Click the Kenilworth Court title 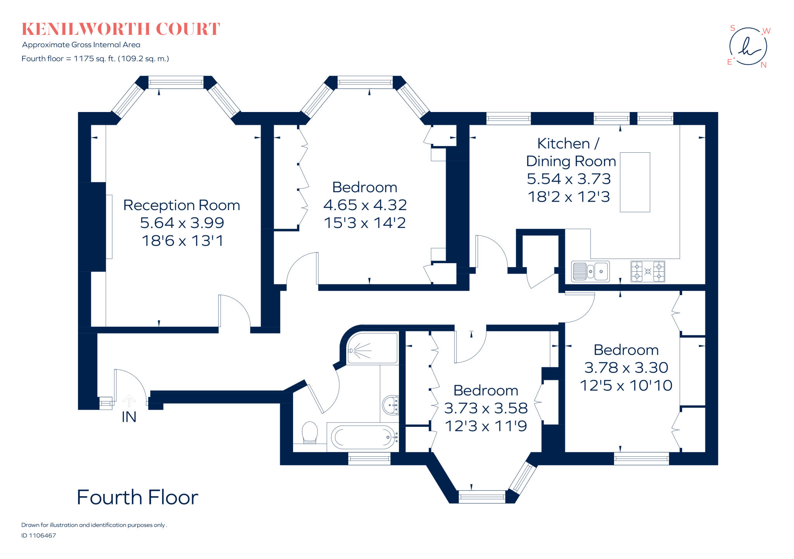click(x=121, y=29)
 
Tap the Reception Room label click(x=181, y=205)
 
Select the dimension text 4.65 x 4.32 click(x=365, y=205)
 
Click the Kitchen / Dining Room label click(x=570, y=152)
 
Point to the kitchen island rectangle click(x=635, y=182)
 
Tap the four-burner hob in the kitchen click(x=647, y=271)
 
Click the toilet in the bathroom click(x=309, y=432)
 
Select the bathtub click(x=363, y=437)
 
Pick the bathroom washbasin click(x=391, y=405)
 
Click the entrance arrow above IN click(x=129, y=401)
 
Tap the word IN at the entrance click(x=129, y=417)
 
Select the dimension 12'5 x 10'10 click(x=626, y=385)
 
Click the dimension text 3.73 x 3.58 click(x=485, y=408)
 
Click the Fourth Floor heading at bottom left click(x=137, y=497)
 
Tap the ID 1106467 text click(x=39, y=535)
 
